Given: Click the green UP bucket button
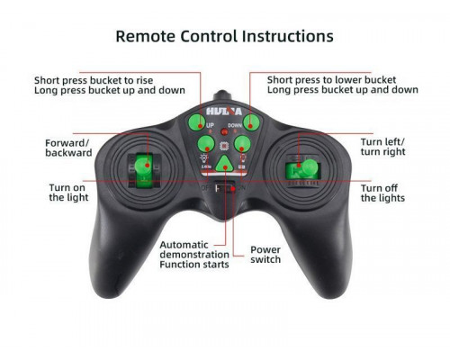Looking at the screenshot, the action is pos(196,122).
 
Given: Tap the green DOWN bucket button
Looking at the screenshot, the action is pos(251,122).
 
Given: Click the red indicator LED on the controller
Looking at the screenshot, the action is pos(224,131).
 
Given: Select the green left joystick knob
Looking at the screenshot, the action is pos(142,166).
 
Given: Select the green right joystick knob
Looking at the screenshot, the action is pos(309,167).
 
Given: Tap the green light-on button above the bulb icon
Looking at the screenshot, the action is pos(206,144).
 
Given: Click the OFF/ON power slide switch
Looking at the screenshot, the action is pos(225,188).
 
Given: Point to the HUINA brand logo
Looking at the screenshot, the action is pos(224,112).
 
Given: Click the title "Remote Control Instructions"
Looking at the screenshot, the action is pos(224,36).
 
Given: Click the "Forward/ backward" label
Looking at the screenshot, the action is pos(68,148).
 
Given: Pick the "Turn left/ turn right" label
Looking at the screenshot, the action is pos(382,147).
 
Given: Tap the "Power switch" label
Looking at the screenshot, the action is pos(265,255).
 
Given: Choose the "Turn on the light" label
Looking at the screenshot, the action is pos(68,193).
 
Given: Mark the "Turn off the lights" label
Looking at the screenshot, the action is pos(382,193).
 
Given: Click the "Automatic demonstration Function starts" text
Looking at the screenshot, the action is pos(194,255).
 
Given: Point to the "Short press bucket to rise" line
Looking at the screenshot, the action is pos(94,80).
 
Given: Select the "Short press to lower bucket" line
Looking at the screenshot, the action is pos(331,80).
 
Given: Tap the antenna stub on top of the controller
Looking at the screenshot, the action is pos(223,96).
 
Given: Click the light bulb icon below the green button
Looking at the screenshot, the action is pos(204,157).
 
